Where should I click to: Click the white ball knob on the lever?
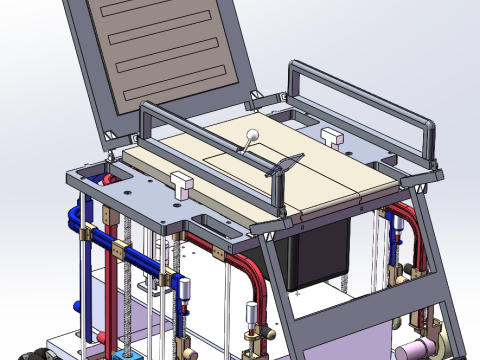252,138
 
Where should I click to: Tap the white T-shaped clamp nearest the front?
181,183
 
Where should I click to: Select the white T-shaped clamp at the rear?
332,134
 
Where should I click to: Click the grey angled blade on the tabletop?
284,165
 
